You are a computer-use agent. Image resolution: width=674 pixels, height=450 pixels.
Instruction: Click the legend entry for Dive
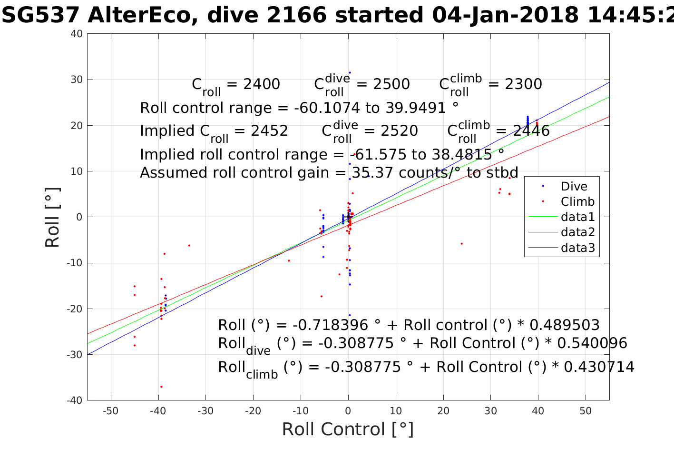click(x=574, y=187)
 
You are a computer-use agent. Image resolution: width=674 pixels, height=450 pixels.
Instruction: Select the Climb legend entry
click(x=577, y=202)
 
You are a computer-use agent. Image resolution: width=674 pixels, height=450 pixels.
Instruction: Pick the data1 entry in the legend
click(x=577, y=217)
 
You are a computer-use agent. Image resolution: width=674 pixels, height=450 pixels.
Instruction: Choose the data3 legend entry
click(x=577, y=248)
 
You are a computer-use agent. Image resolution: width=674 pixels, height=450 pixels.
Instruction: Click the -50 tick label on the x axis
click(x=110, y=411)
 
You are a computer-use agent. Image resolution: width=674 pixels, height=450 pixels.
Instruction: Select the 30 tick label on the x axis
click(x=490, y=411)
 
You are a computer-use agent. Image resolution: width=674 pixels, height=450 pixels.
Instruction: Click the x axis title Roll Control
click(x=348, y=429)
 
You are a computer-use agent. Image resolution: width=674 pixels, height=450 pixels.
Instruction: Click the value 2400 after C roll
click(x=261, y=84)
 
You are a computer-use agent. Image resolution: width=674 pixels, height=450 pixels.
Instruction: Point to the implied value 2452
click(x=269, y=131)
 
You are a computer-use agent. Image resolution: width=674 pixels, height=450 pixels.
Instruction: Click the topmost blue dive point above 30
click(x=350, y=73)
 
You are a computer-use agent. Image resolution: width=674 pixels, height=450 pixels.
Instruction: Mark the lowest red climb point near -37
click(x=161, y=387)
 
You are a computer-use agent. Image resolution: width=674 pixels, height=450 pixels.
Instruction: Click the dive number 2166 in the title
click(x=296, y=16)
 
